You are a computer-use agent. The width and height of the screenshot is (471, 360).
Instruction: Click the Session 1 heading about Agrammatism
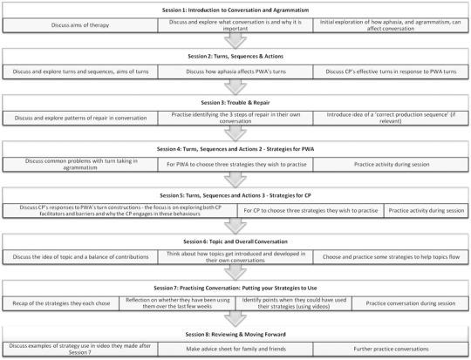(x=235, y=7)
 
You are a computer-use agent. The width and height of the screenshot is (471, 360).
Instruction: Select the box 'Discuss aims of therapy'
(x=79, y=22)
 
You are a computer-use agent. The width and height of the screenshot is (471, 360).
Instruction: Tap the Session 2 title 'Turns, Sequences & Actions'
(x=235, y=53)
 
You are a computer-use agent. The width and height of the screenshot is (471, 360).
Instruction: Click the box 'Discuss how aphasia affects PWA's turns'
(x=235, y=68)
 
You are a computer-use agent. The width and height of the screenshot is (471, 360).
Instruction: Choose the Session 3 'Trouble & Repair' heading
(x=235, y=100)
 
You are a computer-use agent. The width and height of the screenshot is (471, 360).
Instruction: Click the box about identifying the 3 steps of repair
(x=235, y=115)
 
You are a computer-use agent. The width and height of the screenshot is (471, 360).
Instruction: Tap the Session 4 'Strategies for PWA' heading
(x=235, y=148)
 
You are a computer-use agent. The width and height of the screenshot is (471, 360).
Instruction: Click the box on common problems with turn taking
(x=79, y=164)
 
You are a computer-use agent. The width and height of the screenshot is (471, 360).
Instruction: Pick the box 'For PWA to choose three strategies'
(x=235, y=163)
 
